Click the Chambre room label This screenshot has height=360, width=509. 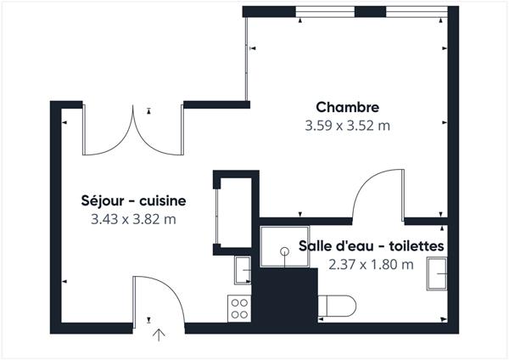[x=347, y=107]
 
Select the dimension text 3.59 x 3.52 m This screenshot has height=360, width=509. [x=347, y=126]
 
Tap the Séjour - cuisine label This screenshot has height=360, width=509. [x=132, y=201]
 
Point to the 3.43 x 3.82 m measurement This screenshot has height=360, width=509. [x=132, y=220]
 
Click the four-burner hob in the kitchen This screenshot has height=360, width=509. [x=240, y=307]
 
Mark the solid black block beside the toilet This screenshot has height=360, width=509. [x=287, y=296]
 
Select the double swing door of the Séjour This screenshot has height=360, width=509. [x=132, y=132]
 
